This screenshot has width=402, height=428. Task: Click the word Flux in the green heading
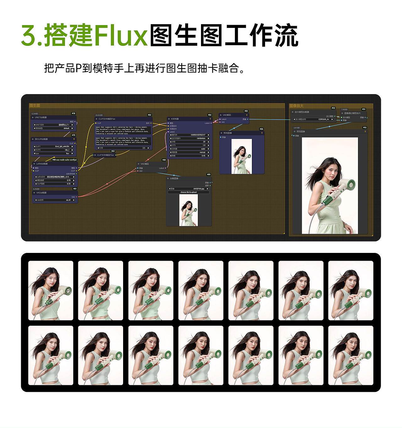click(121, 35)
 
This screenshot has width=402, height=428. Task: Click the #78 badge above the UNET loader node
click(73, 114)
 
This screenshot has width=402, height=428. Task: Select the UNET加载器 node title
click(41, 117)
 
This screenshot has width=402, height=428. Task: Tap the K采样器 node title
click(175, 119)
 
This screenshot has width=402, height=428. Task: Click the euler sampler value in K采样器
click(203, 149)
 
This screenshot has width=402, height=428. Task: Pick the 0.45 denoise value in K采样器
click(204, 156)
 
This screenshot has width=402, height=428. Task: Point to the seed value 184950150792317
click(198, 135)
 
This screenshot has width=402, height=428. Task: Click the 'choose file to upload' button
click(188, 192)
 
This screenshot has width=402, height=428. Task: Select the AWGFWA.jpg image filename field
click(198, 189)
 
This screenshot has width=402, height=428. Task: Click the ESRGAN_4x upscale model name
click(323, 119)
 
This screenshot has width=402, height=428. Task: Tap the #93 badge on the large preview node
click(364, 128)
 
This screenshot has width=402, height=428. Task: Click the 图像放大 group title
click(296, 106)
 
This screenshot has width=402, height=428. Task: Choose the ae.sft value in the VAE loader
click(68, 200)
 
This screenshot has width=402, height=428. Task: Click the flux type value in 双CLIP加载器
click(68, 153)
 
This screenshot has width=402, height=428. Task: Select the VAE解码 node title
click(227, 115)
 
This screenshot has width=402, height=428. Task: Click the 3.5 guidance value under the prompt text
click(144, 148)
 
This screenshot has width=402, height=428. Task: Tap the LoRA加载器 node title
click(42, 164)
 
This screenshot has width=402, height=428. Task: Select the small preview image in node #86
click(242, 156)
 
